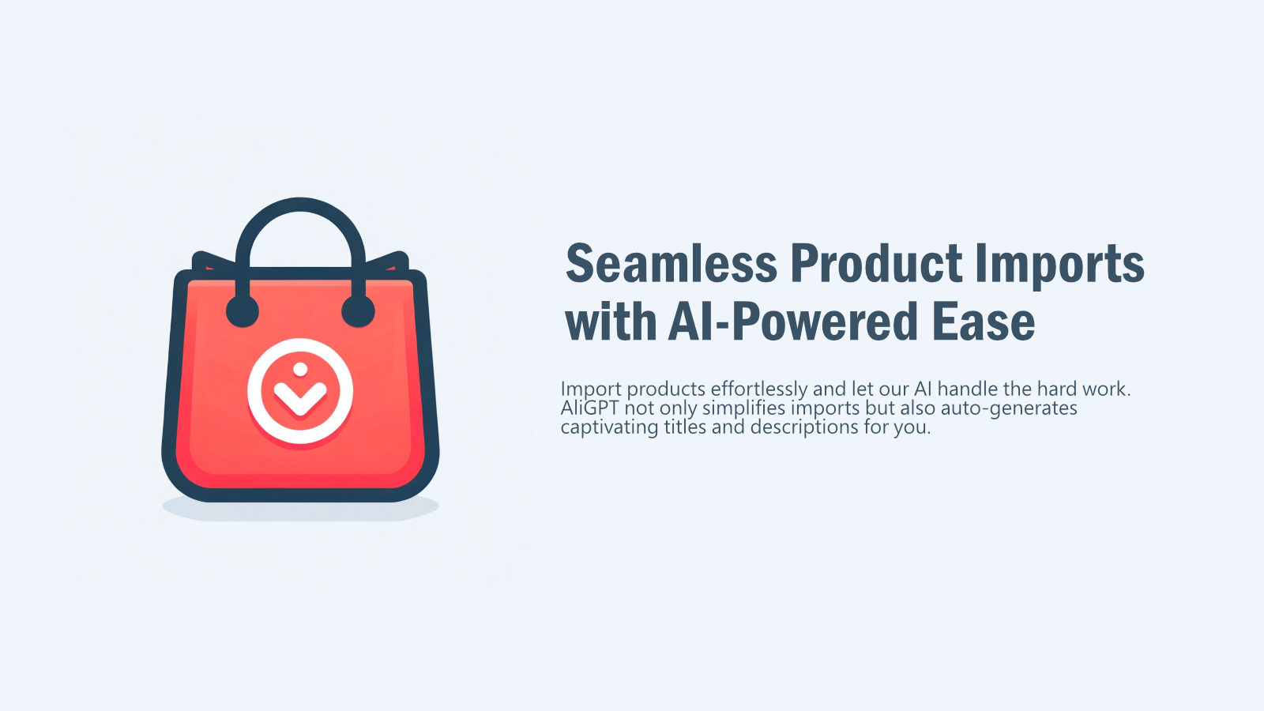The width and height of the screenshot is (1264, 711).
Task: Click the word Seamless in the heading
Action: tap(671, 264)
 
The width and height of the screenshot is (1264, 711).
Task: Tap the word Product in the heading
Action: tap(876, 264)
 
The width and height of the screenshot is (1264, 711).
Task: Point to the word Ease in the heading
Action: tap(984, 322)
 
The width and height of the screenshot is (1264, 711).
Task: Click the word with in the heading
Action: tap(611, 322)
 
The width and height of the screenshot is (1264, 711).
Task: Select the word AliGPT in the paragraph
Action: tap(589, 408)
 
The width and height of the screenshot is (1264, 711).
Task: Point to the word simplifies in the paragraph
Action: tap(743, 408)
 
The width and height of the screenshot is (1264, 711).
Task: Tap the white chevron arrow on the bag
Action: tap(299, 397)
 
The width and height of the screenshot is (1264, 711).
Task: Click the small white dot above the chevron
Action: tap(300, 369)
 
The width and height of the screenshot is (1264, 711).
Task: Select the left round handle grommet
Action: tap(242, 311)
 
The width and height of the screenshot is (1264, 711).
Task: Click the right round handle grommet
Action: tap(358, 311)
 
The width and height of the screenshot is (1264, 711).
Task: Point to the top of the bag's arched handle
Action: tap(300, 204)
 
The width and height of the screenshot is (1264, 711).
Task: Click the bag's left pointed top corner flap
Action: tap(202, 260)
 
